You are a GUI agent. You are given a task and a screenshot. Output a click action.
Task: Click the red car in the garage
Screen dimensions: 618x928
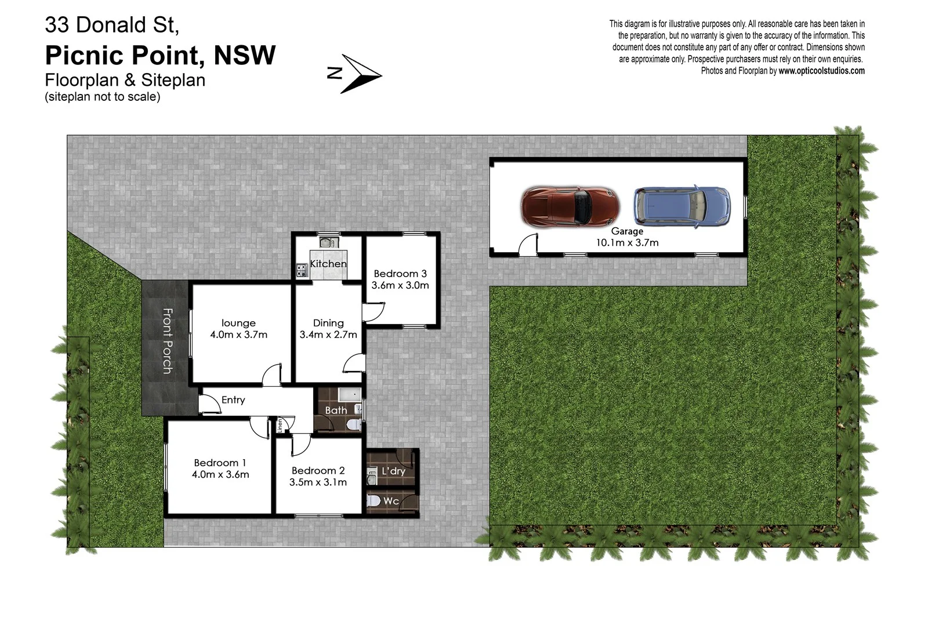570,206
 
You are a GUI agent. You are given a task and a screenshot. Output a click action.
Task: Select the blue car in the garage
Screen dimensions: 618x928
681,206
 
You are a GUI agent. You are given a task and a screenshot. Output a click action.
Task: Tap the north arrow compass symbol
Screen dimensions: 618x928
354,74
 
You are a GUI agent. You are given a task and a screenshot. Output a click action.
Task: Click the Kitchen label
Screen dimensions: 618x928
328,264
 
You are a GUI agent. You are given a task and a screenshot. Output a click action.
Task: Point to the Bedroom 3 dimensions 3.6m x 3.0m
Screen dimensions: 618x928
400,285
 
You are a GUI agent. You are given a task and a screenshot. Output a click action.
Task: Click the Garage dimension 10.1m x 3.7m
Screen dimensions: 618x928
627,243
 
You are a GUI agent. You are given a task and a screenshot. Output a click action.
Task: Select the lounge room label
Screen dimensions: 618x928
238,323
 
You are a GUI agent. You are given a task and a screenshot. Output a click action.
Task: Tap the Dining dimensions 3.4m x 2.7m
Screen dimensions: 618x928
328,335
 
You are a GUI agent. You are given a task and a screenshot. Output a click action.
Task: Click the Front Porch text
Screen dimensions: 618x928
167,341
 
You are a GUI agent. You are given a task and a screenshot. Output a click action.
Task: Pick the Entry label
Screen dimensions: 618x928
233,400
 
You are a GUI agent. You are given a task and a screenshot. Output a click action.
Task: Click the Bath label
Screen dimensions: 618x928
336,410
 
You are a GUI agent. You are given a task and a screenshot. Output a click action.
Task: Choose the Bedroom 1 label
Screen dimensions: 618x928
220,463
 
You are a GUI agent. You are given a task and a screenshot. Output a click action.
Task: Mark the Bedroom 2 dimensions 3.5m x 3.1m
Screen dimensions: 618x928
318,482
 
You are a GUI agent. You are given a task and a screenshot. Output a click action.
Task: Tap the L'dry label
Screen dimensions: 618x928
393,471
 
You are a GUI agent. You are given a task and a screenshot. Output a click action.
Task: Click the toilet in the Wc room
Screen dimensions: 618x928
374,501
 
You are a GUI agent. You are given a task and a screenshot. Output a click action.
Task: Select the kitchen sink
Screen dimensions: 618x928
328,242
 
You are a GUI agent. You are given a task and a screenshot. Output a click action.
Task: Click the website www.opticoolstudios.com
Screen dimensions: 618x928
821,71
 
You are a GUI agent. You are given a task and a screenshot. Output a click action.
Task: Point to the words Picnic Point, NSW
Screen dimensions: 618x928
160,56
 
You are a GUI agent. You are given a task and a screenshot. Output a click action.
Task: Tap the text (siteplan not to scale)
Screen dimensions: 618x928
102,97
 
